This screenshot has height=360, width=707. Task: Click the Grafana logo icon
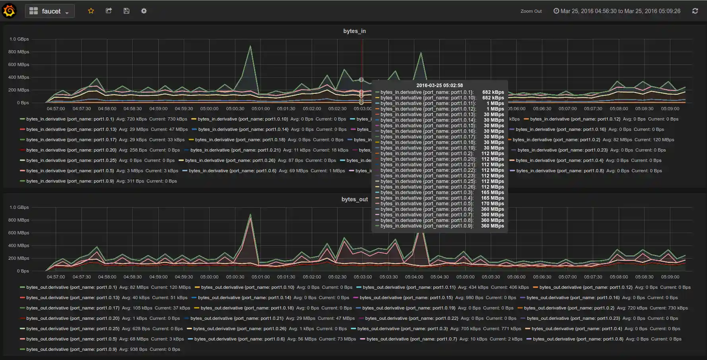point(9,11)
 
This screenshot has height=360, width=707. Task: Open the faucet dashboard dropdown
point(50,11)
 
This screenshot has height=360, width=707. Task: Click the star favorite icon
point(91,11)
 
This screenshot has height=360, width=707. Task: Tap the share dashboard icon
point(109,11)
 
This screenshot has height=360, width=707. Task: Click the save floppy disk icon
point(126,11)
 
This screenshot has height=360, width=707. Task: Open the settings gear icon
point(144,11)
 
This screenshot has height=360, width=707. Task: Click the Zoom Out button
point(531,11)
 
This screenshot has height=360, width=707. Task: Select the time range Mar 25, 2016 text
point(620,11)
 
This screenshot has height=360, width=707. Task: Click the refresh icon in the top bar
point(695,11)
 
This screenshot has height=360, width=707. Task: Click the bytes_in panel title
point(354,31)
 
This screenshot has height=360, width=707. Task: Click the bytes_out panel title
point(354,199)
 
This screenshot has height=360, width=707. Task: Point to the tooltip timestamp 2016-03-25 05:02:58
point(439,85)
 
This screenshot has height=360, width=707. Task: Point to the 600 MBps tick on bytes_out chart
point(19,233)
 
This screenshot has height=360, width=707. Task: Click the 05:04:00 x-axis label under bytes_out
point(414,277)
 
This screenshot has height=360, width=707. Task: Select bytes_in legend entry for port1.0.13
point(71,129)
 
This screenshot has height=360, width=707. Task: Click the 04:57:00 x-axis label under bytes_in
point(56,109)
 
